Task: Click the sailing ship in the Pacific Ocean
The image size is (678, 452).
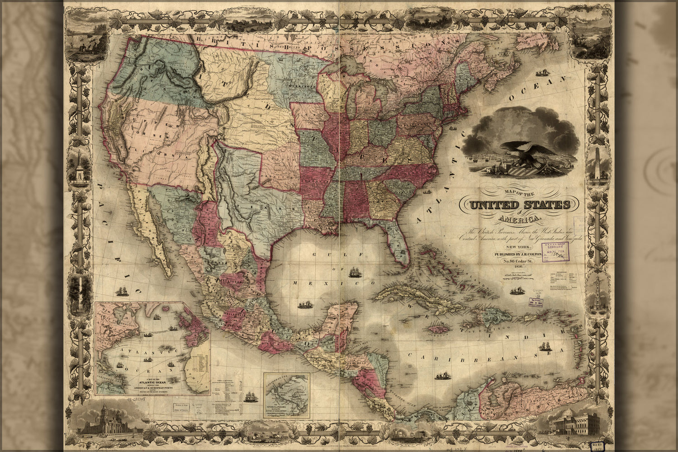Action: pos(122,290)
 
